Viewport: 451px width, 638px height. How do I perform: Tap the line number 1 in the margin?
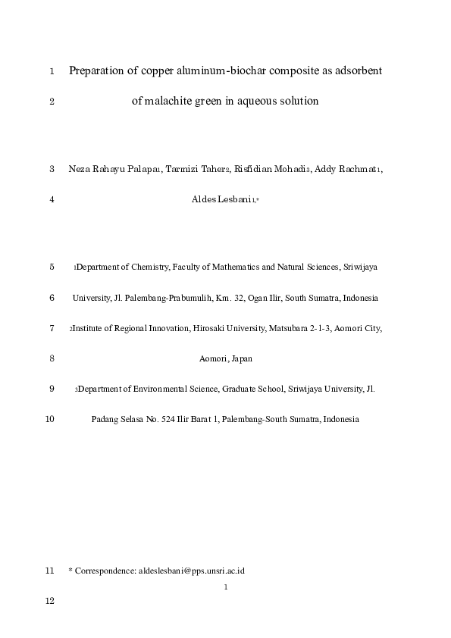(x=51, y=72)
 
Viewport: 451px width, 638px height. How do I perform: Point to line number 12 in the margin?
(x=51, y=601)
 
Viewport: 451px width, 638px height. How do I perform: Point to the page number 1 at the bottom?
(x=226, y=586)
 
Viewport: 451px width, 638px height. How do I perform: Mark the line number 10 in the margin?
(x=50, y=419)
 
